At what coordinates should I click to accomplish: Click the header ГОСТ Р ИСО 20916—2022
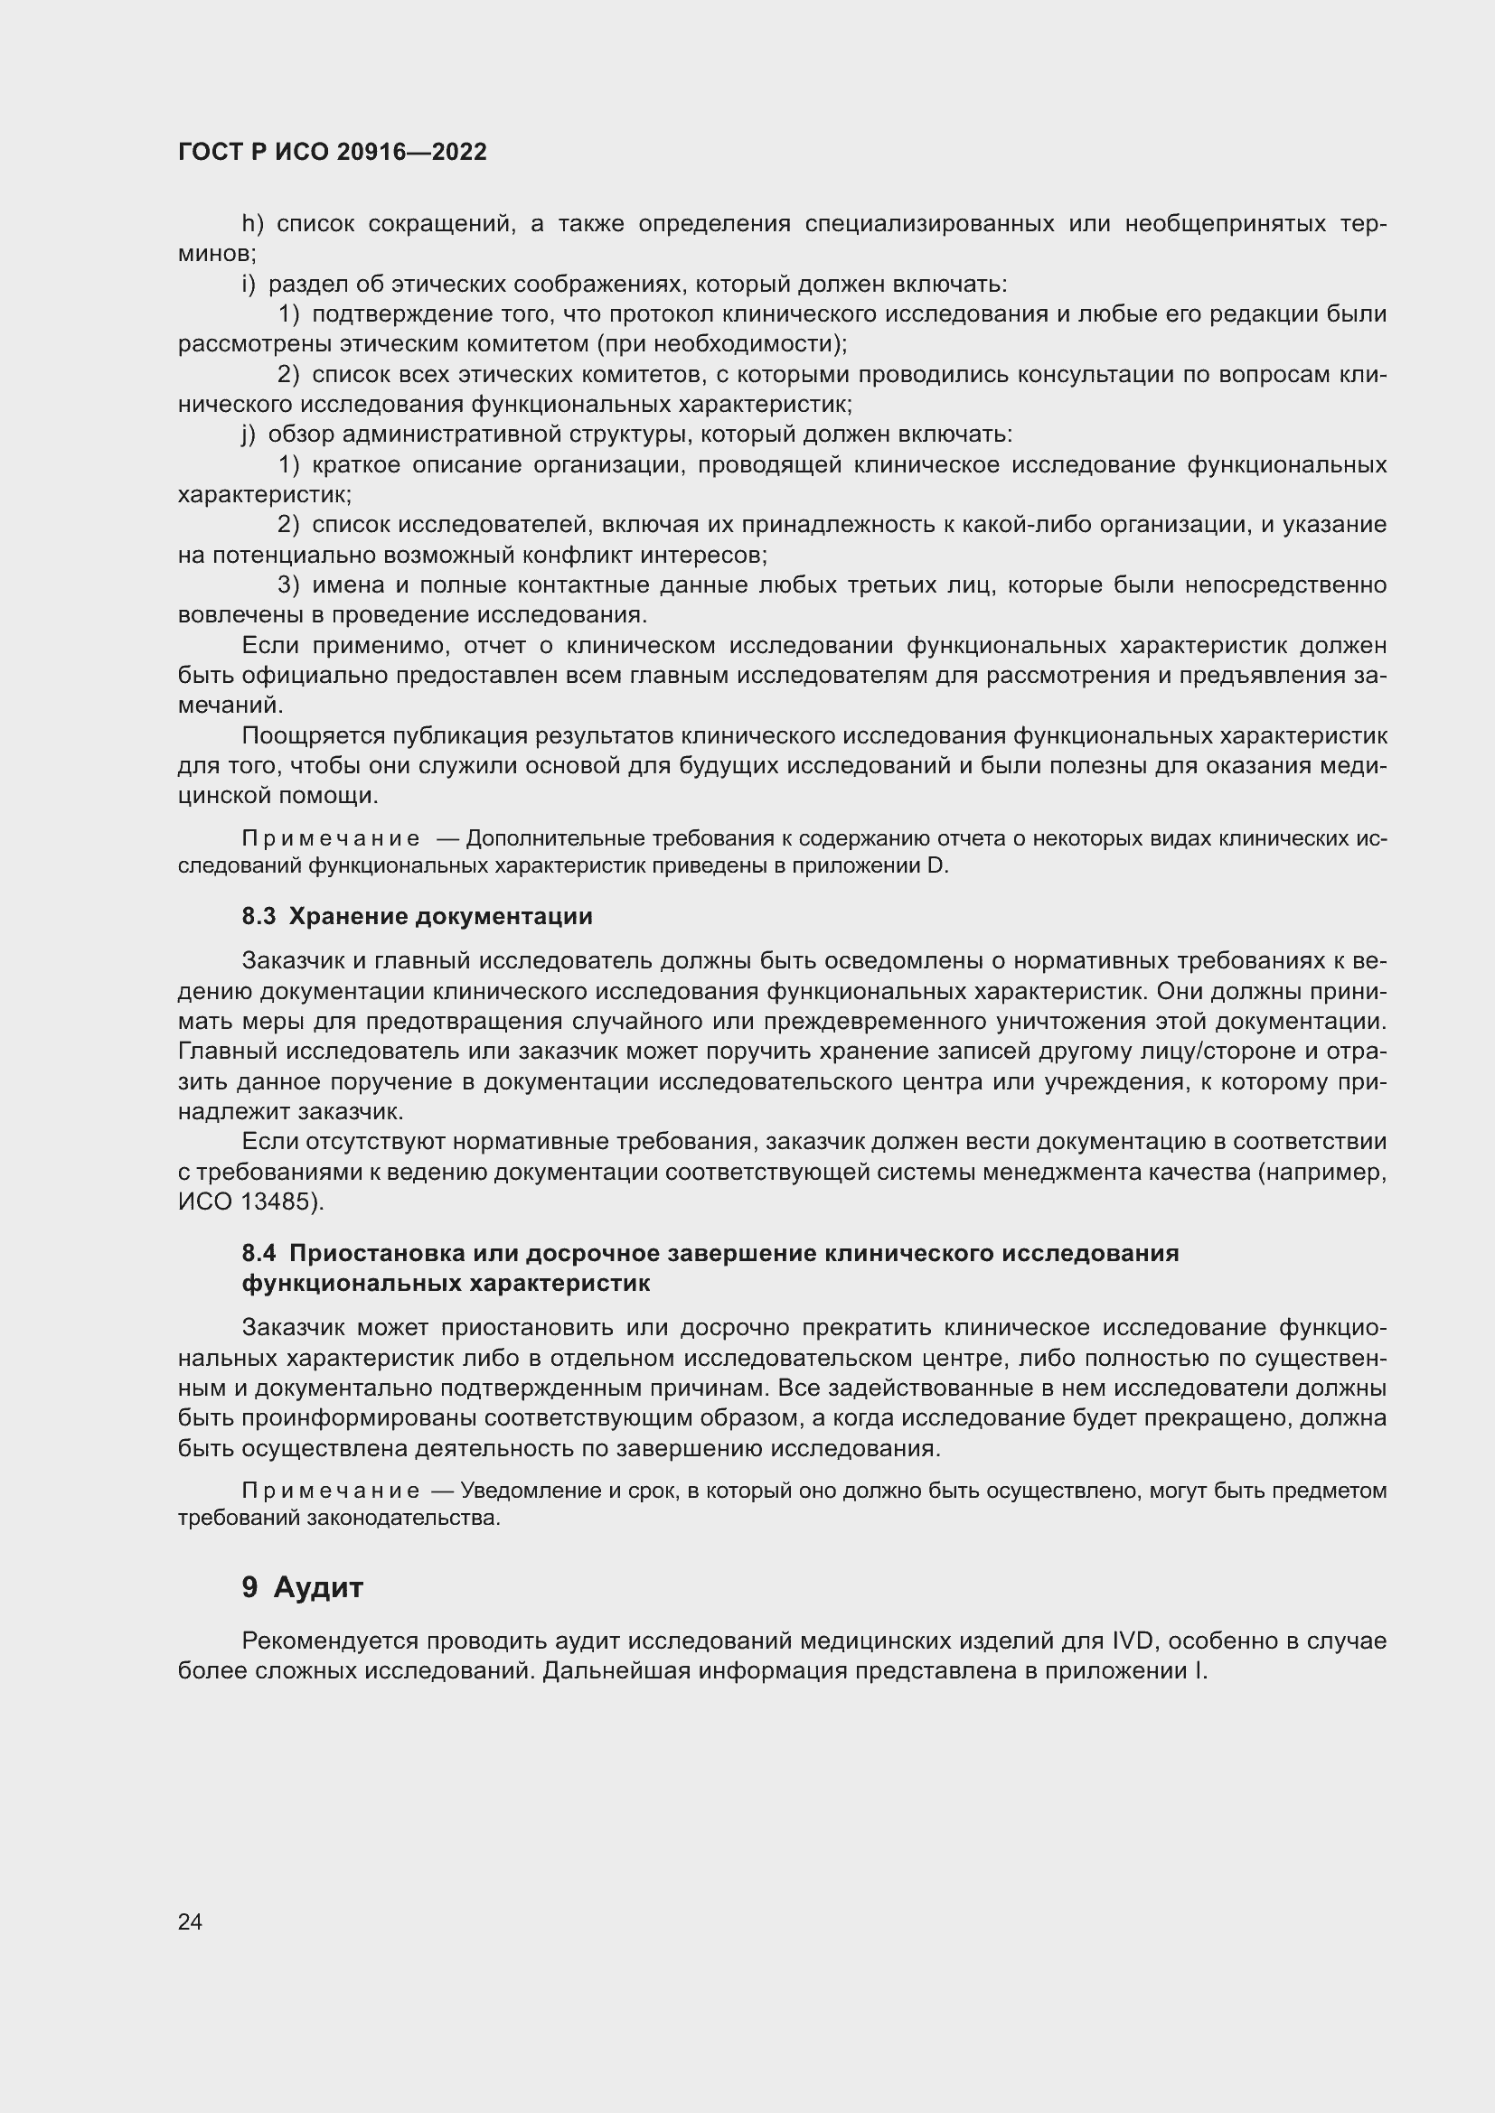click(x=332, y=153)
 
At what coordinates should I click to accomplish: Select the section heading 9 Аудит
click(x=303, y=1587)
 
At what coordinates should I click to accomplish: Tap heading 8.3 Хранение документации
click(x=417, y=917)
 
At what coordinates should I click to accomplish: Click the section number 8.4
click(x=259, y=1254)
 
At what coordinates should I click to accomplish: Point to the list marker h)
click(x=252, y=224)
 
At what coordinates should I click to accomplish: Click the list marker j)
click(x=249, y=435)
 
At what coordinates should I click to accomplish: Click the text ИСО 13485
click(x=245, y=1201)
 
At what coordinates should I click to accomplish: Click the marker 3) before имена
click(x=288, y=585)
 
